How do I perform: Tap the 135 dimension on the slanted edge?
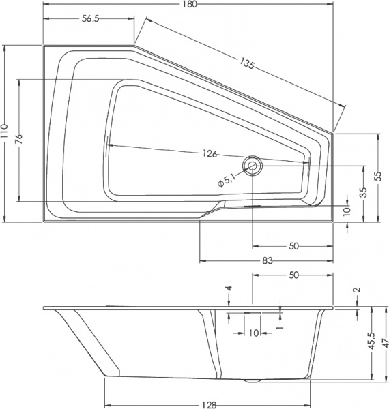[247, 65]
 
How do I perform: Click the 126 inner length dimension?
[209, 153]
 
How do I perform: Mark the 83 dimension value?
[268, 260]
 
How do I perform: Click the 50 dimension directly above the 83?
[293, 246]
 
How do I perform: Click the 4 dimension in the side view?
[230, 288]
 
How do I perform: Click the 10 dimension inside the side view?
[253, 333]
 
